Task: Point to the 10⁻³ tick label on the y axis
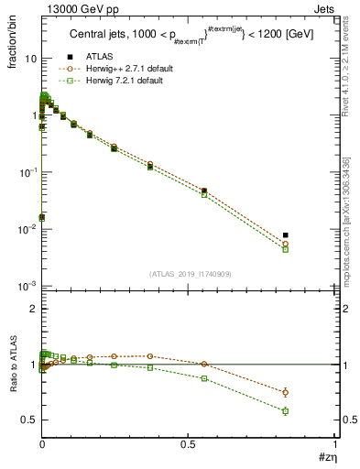coord(27,286)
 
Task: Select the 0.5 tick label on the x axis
coord(188,445)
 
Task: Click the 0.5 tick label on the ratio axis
coord(27,420)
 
